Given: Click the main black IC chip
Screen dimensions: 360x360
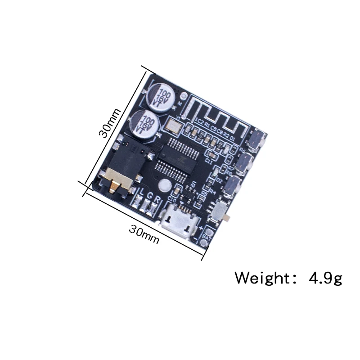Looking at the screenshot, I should [x=177, y=156].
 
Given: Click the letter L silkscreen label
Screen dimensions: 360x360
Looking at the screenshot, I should [x=140, y=195].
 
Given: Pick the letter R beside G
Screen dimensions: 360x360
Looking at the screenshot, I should [x=157, y=199].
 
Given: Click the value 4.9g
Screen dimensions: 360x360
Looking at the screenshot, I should [x=325, y=277].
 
